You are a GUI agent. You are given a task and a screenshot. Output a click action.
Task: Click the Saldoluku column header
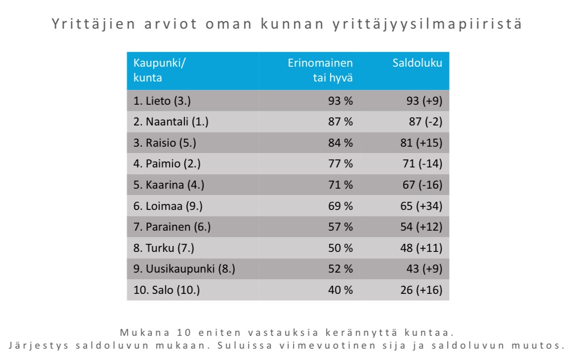pyautogui.click(x=417, y=63)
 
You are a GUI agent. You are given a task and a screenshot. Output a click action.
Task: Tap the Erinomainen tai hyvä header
pyautogui.click(x=321, y=70)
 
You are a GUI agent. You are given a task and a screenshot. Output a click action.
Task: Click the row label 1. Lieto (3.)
pyautogui.click(x=162, y=101)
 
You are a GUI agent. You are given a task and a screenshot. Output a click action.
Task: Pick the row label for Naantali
pyautogui.click(x=171, y=122)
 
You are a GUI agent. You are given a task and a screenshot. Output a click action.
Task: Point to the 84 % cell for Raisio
pyautogui.click(x=340, y=143)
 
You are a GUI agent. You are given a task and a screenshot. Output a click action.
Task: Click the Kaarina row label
pyautogui.click(x=169, y=185)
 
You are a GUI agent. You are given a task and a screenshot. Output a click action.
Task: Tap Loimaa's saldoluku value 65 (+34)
pyautogui.click(x=421, y=206)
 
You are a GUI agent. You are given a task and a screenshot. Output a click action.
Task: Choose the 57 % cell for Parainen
pyautogui.click(x=340, y=227)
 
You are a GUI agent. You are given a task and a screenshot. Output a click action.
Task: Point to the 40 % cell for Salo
pyautogui.click(x=340, y=290)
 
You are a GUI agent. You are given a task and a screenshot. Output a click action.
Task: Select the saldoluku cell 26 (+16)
pyautogui.click(x=421, y=290)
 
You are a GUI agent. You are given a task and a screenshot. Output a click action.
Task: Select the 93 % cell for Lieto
pyautogui.click(x=340, y=101)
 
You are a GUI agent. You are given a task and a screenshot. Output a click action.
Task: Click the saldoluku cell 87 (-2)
pyautogui.click(x=423, y=122)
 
